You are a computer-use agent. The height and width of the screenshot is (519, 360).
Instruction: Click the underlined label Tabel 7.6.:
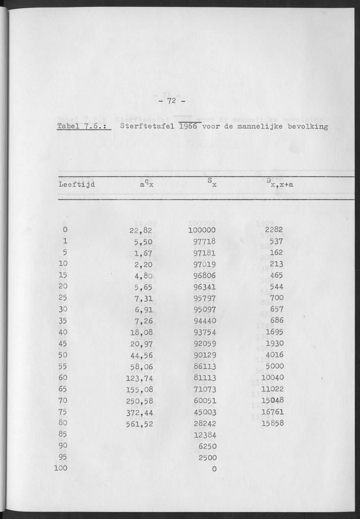pyautogui.click(x=84, y=126)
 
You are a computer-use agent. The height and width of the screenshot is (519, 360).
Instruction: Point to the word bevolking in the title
pyautogui.click(x=307, y=126)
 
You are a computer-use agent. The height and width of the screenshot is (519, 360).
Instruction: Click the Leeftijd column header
pyautogui.click(x=77, y=184)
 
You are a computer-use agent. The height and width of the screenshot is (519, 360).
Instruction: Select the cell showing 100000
pyautogui.click(x=201, y=230)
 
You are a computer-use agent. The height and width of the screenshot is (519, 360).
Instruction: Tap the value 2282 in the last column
pyautogui.click(x=274, y=230)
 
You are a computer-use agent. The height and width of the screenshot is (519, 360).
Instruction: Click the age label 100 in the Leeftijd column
pyautogui.click(x=61, y=468)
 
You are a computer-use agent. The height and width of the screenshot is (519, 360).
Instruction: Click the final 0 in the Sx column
pyautogui.click(x=213, y=469)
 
